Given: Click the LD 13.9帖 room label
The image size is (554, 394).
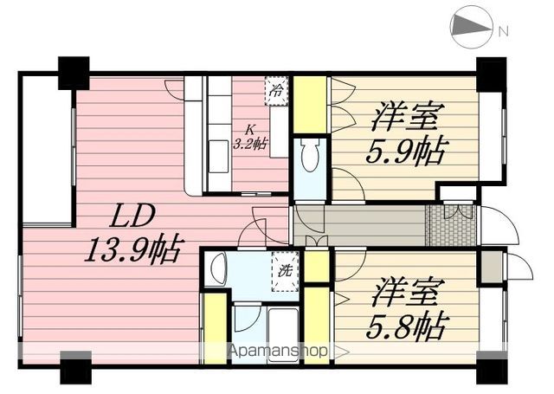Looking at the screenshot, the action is click(133, 233).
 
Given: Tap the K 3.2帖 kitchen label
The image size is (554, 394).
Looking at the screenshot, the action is click(250, 138).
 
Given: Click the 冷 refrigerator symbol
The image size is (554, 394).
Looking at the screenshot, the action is click(277, 91).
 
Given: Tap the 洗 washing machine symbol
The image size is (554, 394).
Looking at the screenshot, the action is click(286, 271).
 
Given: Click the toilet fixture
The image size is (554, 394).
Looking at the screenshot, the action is click(311, 154).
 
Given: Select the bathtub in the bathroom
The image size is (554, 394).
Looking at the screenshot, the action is click(283, 333).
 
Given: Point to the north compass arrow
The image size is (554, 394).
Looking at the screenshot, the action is click(471, 26).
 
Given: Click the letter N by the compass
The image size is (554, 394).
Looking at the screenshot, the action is click(503, 31).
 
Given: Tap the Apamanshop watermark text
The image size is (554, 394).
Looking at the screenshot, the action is click(278, 351).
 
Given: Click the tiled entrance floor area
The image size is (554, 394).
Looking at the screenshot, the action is click(451, 225).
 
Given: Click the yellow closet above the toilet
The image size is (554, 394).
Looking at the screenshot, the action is click(310, 105).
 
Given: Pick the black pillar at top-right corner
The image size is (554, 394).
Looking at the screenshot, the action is click(491, 74).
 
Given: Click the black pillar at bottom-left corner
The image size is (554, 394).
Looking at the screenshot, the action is click(76, 367).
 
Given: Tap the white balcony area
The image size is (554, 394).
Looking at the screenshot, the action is click(46, 150).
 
